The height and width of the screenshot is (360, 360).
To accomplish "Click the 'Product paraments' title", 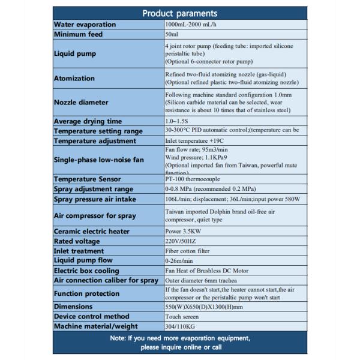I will [180, 14].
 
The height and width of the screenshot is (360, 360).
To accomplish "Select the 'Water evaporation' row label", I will [85, 25].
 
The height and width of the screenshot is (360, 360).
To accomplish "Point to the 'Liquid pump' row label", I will [74, 53].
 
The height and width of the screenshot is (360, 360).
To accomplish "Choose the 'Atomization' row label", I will [74, 78].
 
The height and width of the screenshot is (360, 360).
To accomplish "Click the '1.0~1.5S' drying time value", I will [178, 121].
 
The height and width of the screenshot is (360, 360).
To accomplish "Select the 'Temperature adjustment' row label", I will [95, 141].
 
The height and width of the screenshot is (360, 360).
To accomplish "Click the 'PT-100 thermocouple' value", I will [193, 179].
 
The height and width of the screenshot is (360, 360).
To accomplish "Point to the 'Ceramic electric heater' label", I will [93, 231].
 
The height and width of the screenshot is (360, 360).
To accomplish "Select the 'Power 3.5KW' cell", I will [184, 231].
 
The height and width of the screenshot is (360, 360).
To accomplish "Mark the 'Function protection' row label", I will [87, 293].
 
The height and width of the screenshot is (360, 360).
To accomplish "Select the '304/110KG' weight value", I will [179, 326].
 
